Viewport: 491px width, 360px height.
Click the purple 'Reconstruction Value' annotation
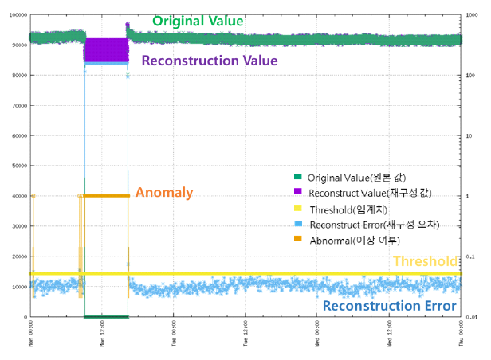[209, 61]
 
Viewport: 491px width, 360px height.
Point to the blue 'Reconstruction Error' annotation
[390, 305]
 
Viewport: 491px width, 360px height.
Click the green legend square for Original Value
[298, 177]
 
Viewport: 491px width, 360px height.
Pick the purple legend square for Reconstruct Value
[298, 193]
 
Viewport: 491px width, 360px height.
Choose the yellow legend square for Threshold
[298, 209]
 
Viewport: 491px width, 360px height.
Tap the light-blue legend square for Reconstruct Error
[298, 225]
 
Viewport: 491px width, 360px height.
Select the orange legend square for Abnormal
[298, 241]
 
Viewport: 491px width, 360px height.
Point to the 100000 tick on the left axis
[15, 14]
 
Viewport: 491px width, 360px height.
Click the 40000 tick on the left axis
[17, 196]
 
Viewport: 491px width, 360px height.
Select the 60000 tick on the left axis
[17, 135]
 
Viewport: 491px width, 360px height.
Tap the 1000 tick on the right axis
[471, 14]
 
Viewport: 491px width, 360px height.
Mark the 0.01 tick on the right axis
[471, 317]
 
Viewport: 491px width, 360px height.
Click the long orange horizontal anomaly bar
[107, 196]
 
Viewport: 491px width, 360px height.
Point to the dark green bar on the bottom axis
[106, 316]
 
